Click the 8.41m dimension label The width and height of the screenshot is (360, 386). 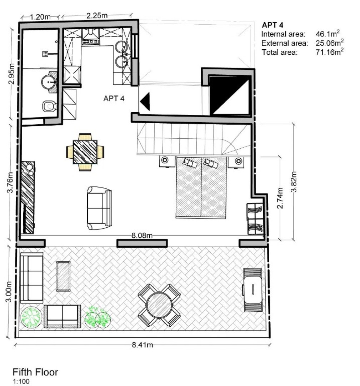142,345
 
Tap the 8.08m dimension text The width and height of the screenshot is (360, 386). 142,235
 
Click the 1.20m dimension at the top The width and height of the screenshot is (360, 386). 40,16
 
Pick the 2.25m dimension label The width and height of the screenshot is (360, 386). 97,15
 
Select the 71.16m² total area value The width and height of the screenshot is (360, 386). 330,52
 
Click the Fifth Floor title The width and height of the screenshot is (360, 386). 35,372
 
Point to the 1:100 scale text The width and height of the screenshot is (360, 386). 21,381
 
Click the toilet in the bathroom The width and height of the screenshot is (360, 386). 49,106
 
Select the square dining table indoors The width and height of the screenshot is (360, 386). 85,152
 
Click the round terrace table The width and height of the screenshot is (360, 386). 159,305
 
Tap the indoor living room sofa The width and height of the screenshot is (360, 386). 99,208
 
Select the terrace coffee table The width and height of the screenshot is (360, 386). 63,276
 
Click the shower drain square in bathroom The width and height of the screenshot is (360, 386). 45,54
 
